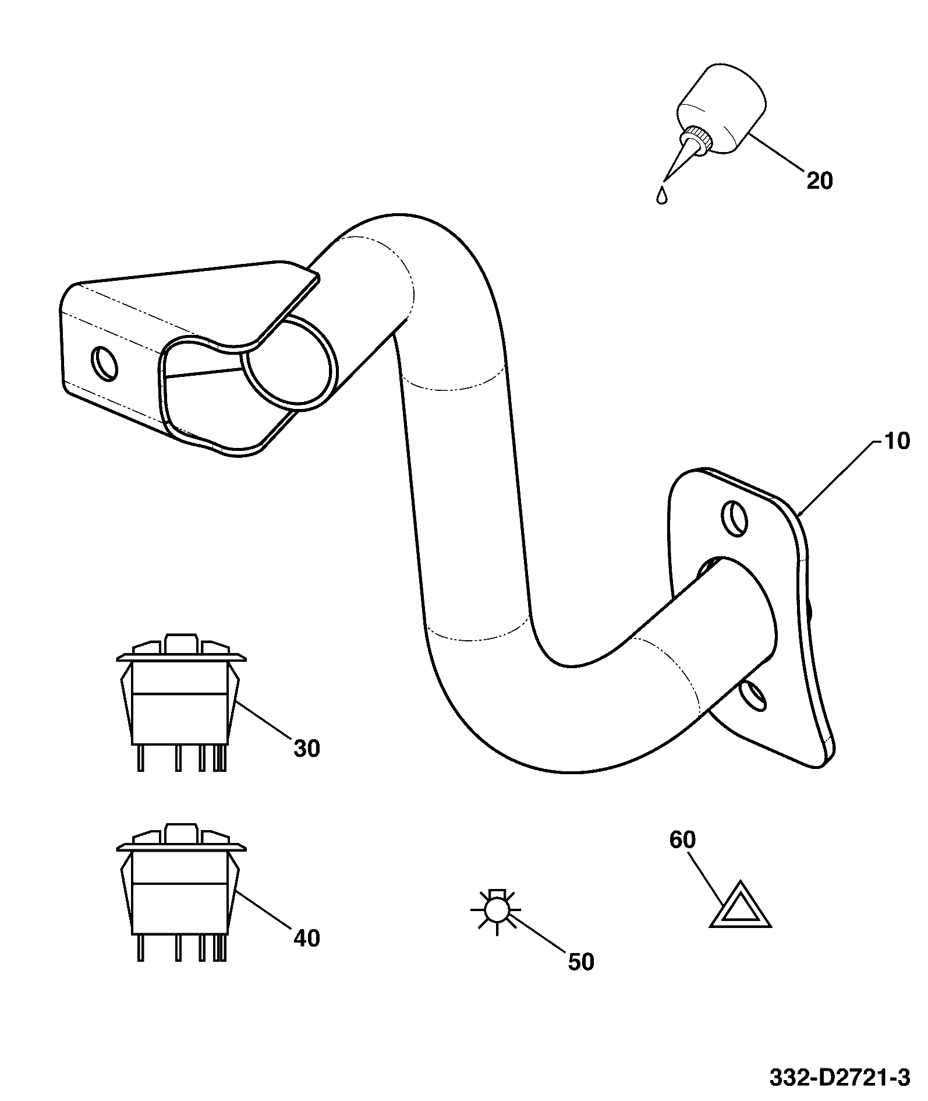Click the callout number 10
[x=897, y=441]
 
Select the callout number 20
[x=820, y=181]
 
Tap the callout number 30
[x=307, y=749]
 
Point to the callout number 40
[x=307, y=938]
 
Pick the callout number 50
[x=581, y=962]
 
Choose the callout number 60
[x=683, y=839]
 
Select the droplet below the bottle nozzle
[x=662, y=194]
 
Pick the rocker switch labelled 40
[x=181, y=892]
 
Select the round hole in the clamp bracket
[x=105, y=364]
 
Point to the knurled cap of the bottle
[x=696, y=140]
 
